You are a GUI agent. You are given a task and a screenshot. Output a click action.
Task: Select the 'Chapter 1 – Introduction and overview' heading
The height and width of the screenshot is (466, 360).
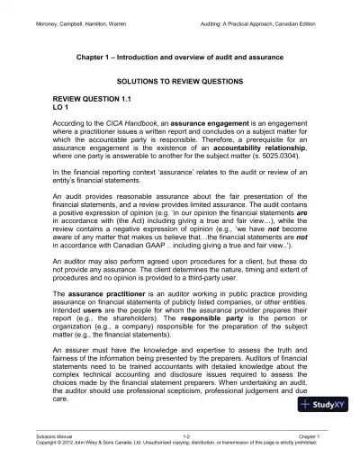click(180, 56)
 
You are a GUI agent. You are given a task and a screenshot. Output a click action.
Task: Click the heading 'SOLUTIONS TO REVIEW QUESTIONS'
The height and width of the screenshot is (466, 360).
click(180, 81)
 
